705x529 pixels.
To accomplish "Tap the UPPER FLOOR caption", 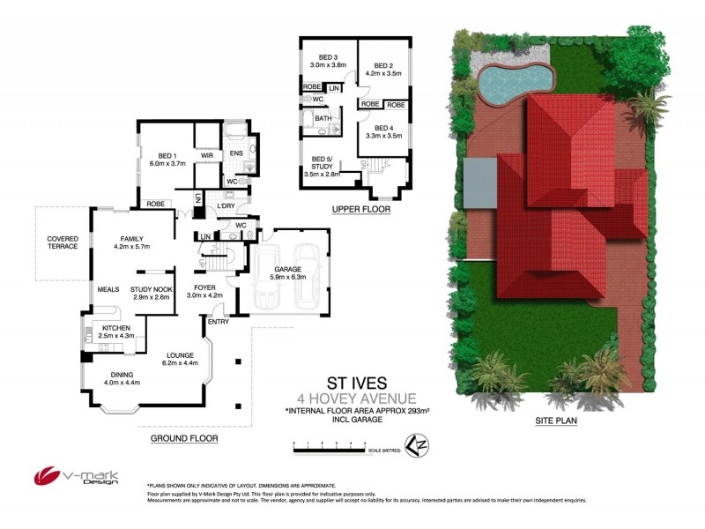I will [360, 210].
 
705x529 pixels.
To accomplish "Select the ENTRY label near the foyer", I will [218, 322].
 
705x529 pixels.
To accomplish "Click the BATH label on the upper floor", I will [323, 118].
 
